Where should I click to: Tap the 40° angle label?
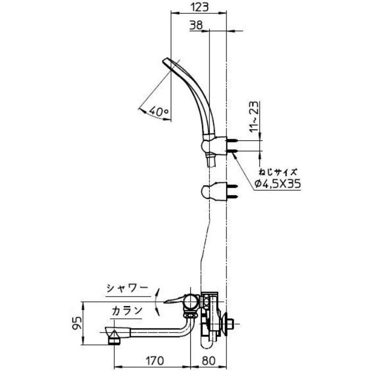pyautogui.click(x=158, y=111)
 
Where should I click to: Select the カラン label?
pyautogui.click(x=126, y=309)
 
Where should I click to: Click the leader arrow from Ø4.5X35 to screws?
pyautogui.click(x=242, y=168)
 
